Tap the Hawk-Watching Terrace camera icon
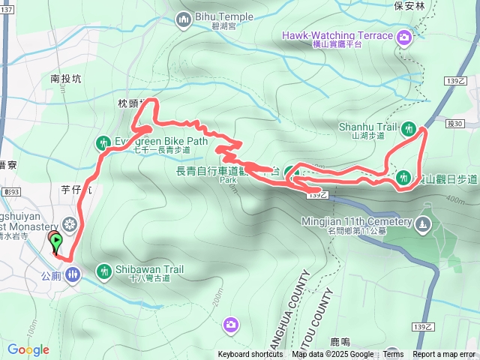click(404, 36)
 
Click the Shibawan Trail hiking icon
click(103, 270)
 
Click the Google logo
click(28, 349)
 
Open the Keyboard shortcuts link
click(250, 355)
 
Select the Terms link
click(393, 355)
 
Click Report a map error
click(444, 355)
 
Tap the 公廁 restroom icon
click(72, 274)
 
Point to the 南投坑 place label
click(65, 77)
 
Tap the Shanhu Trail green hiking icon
click(409, 128)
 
